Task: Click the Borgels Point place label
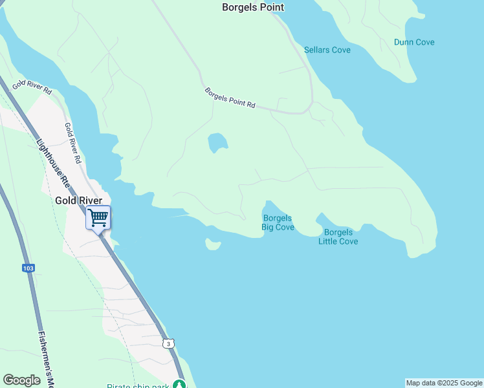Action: (x=253, y=8)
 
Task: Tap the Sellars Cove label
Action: (x=327, y=50)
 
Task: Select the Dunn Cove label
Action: (x=414, y=43)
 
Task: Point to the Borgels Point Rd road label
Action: (x=230, y=98)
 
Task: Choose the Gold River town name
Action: (x=78, y=201)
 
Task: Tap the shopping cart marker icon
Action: (x=98, y=218)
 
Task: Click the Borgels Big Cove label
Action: (x=278, y=222)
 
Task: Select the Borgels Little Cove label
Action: (x=338, y=237)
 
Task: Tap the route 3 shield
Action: (x=168, y=343)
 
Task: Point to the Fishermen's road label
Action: (x=45, y=359)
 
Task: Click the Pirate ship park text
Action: (x=137, y=385)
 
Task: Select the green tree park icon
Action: (x=179, y=385)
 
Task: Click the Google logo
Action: (x=22, y=380)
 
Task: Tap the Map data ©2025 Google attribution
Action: (x=444, y=383)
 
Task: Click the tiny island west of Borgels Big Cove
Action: (x=213, y=244)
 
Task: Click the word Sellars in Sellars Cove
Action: (x=317, y=50)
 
